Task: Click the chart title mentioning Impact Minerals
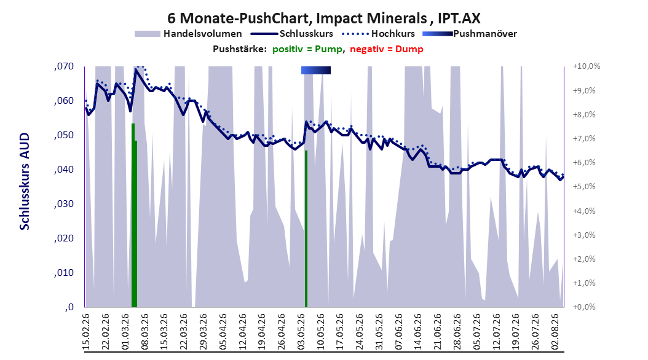click(x=323, y=18)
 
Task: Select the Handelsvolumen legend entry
click(x=189, y=34)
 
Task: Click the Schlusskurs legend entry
click(x=292, y=34)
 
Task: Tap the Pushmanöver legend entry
click(x=470, y=34)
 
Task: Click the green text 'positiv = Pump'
click(x=307, y=49)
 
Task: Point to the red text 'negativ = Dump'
click(x=387, y=49)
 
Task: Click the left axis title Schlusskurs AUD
click(x=25, y=181)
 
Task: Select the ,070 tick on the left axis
click(x=64, y=66)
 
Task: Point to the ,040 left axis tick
click(x=64, y=170)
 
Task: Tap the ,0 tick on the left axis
click(x=69, y=307)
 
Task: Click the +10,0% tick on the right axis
click(x=587, y=66)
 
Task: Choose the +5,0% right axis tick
click(x=584, y=187)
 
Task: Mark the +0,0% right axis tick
click(x=584, y=307)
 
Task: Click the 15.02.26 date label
click(x=86, y=332)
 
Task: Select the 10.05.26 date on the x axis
click(x=320, y=332)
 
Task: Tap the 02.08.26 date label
click(x=555, y=332)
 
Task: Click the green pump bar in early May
click(x=306, y=229)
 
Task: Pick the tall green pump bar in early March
click(x=133, y=215)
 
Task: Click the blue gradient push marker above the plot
click(x=316, y=70)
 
